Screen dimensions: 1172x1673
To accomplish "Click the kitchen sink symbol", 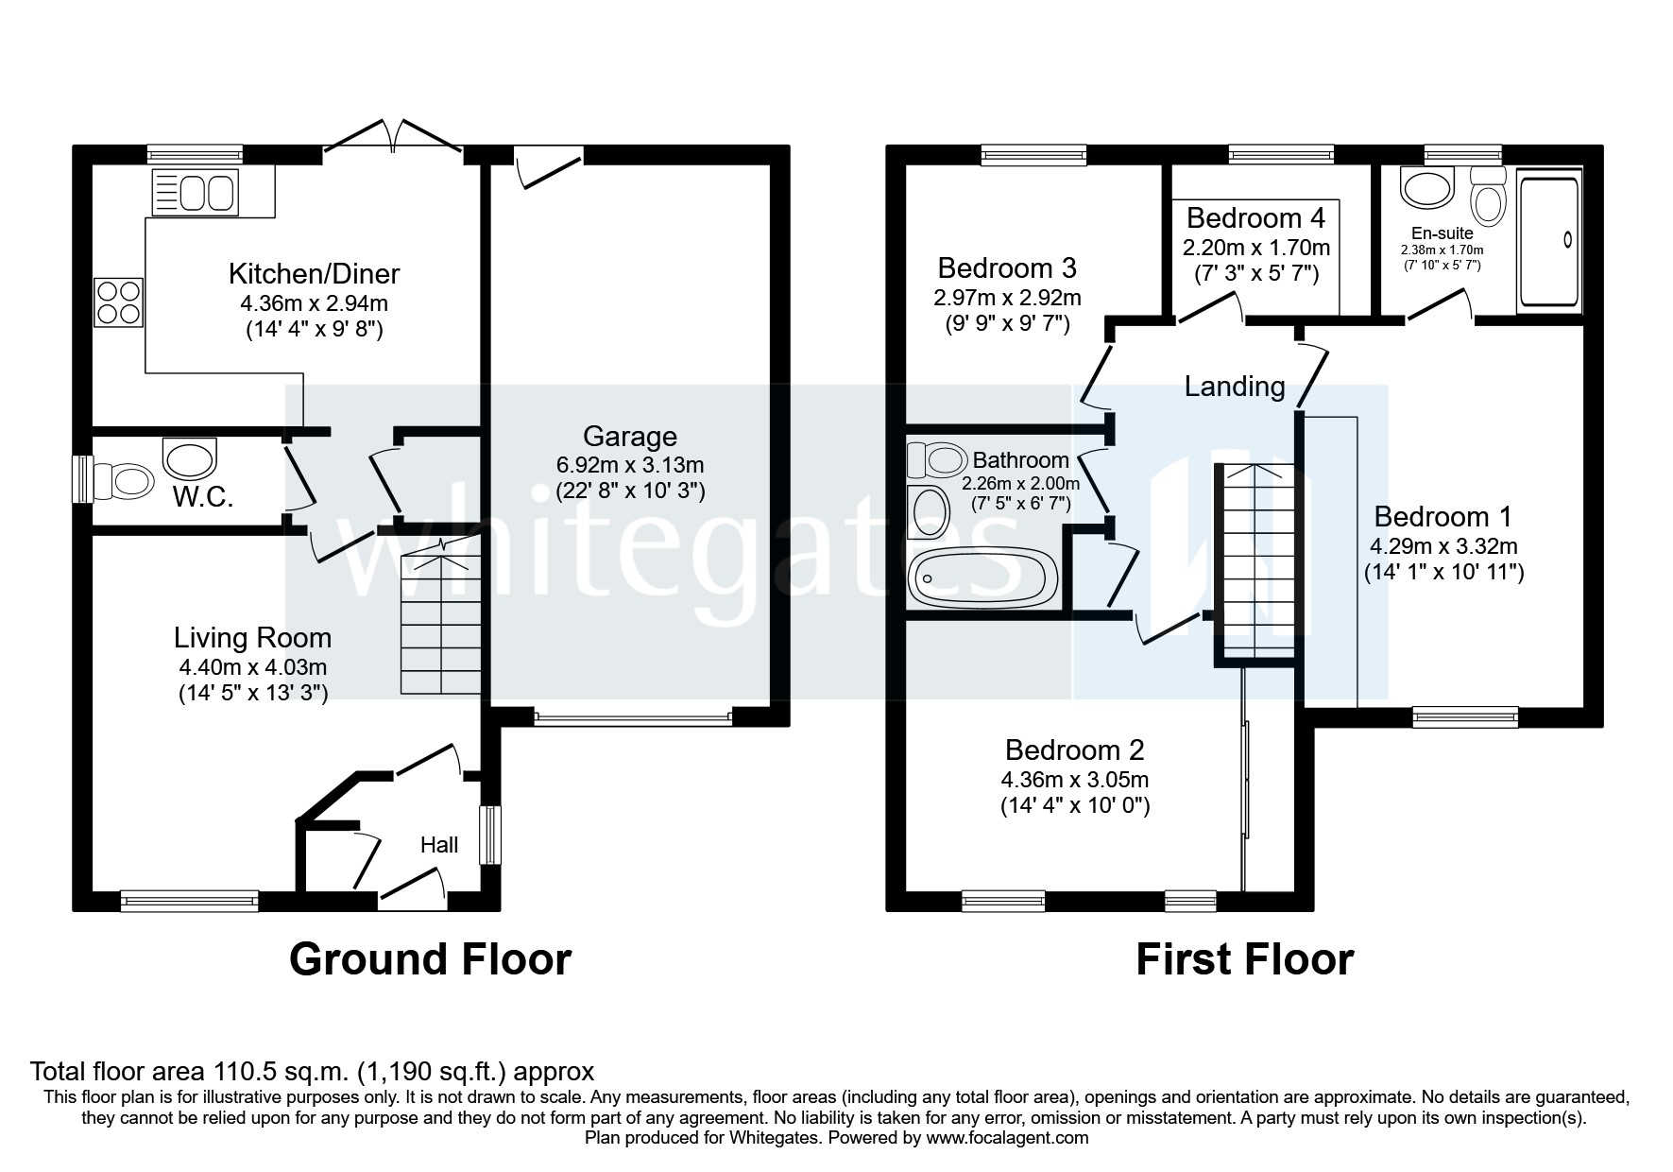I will coord(195,193).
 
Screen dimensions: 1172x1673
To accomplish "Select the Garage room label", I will coord(629,437).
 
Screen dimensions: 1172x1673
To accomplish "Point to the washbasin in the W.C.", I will coord(189,458).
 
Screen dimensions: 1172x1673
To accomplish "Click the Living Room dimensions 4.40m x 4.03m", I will coord(253,667).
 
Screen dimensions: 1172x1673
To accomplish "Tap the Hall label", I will coord(439,845).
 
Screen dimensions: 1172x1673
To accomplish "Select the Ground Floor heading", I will coord(430,958).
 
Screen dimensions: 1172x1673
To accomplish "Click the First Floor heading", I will coord(1244,958).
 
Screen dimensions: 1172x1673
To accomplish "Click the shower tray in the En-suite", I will coord(1547,241).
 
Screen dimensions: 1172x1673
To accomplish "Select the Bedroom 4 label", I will coord(1255,218).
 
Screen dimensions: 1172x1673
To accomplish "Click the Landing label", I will coord(1235,386).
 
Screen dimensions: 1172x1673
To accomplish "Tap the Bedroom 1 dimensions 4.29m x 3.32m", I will coord(1443,546).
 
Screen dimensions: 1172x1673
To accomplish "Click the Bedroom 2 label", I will coord(1074,750).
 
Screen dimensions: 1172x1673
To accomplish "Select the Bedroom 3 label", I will coord(1007,268).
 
